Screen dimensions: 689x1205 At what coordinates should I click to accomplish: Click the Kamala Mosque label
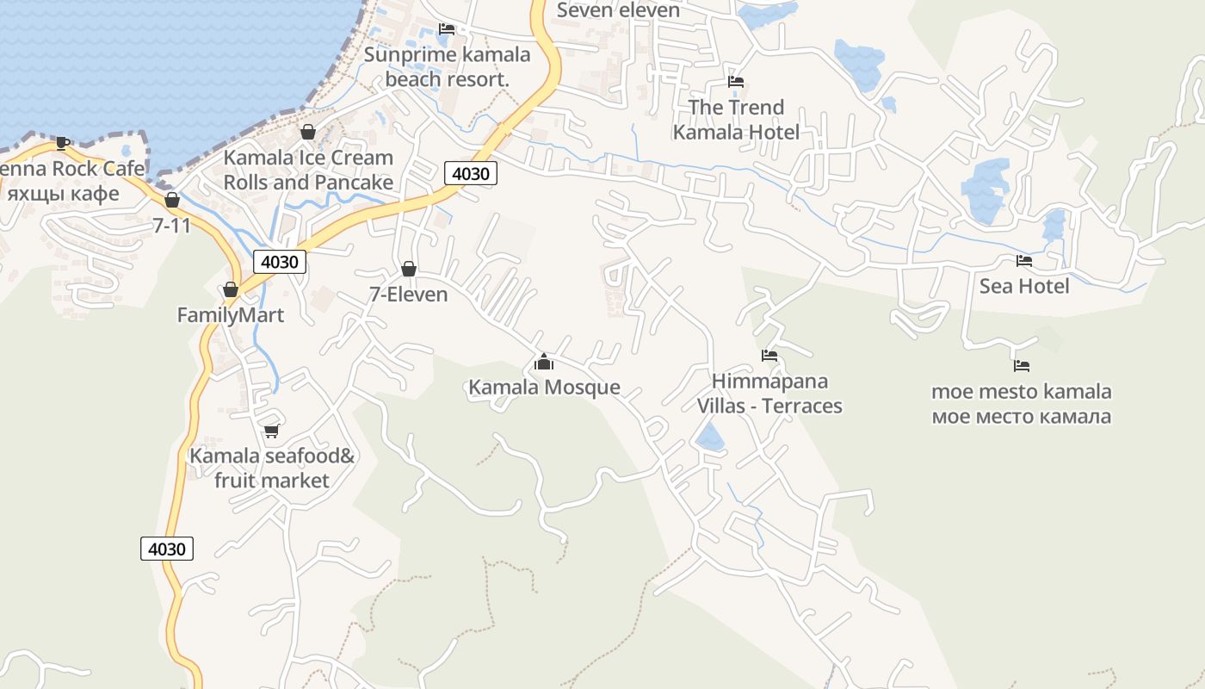click(x=544, y=388)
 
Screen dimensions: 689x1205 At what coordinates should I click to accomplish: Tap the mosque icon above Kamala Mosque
click(x=543, y=362)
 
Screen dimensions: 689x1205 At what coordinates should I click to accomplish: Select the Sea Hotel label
click(x=1024, y=286)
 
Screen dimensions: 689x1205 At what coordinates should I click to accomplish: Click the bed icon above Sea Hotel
click(x=1024, y=260)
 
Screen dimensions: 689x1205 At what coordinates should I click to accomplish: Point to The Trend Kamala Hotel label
click(x=736, y=120)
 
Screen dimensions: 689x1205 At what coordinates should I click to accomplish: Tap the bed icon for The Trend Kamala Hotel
click(x=736, y=82)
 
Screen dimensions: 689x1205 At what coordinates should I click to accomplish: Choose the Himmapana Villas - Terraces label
click(x=769, y=394)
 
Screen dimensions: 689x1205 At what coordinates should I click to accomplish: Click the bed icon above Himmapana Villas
click(x=769, y=355)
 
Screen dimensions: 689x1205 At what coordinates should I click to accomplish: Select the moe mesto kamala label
click(x=1022, y=404)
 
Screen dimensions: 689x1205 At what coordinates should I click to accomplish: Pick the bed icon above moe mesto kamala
click(x=1022, y=366)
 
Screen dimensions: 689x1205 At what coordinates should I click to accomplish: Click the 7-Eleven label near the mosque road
click(x=409, y=295)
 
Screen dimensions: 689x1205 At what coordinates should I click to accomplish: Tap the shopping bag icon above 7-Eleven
click(x=409, y=269)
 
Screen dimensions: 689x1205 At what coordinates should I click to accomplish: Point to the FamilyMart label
click(x=231, y=315)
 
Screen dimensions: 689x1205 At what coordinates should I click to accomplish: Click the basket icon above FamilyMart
click(x=231, y=289)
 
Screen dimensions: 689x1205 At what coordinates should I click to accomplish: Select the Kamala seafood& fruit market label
click(x=272, y=468)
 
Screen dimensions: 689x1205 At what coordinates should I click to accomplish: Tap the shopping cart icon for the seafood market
click(x=272, y=431)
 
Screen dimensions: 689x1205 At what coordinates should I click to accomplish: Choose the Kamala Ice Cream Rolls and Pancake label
click(x=308, y=170)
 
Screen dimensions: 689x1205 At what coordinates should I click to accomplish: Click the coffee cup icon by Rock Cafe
click(x=62, y=143)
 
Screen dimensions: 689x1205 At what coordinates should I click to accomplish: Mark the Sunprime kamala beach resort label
click(x=447, y=66)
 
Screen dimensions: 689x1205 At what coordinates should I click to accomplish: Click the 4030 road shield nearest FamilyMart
click(x=280, y=262)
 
